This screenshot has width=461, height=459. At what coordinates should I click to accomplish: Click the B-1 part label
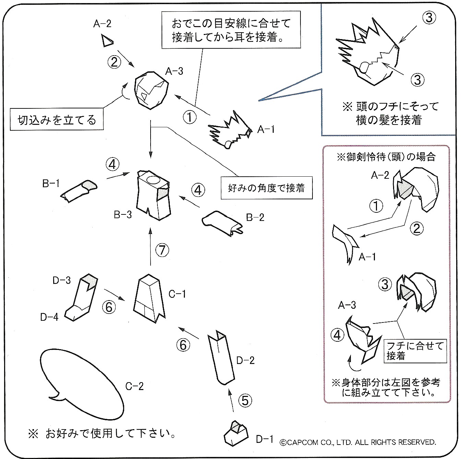click(x=51, y=184)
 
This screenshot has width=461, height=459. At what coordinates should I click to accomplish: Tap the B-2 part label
click(x=255, y=217)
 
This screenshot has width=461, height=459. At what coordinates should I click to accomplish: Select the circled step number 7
click(x=162, y=250)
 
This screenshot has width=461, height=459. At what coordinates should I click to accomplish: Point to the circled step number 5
click(x=245, y=400)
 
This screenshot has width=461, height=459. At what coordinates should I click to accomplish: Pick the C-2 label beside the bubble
click(x=134, y=387)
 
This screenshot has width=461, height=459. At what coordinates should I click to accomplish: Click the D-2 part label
click(x=246, y=360)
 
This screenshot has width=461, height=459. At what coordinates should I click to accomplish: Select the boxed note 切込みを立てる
click(x=57, y=120)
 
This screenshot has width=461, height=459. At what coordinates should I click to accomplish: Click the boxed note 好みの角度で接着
click(x=267, y=188)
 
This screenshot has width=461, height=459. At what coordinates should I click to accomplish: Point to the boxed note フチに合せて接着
click(x=415, y=351)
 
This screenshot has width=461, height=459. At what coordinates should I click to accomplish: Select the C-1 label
click(x=177, y=294)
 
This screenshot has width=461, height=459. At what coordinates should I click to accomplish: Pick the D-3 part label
click(x=61, y=280)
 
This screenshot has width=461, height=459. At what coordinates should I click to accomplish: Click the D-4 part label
click(x=49, y=317)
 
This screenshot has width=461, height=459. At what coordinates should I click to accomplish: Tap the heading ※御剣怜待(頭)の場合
click(x=386, y=157)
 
